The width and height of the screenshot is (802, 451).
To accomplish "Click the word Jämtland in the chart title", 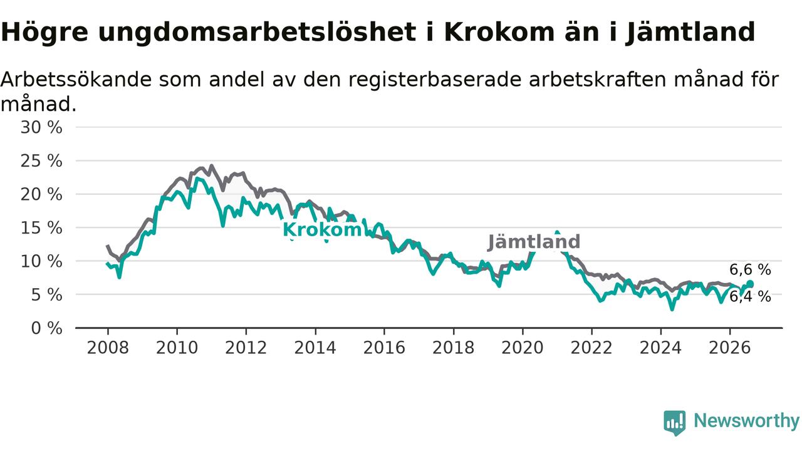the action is pyautogui.click(x=690, y=33).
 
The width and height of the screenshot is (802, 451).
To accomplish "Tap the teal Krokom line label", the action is pyautogui.click(x=322, y=229).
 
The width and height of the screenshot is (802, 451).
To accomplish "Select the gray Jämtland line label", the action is pyautogui.click(x=534, y=242).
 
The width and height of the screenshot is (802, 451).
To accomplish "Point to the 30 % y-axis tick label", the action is pyautogui.click(x=41, y=127).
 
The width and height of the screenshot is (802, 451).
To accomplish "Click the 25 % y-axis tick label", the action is pyautogui.click(x=41, y=161).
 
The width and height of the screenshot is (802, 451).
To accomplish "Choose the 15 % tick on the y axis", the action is pyautogui.click(x=41, y=228).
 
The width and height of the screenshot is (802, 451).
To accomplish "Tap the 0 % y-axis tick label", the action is pyautogui.click(x=46, y=328).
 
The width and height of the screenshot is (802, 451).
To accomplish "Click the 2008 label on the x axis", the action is pyautogui.click(x=108, y=348).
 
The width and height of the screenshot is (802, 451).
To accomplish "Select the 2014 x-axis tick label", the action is pyautogui.click(x=315, y=348).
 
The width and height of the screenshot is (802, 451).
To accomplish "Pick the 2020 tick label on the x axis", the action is pyautogui.click(x=523, y=348).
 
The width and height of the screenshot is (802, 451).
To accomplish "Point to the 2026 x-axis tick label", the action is pyautogui.click(x=730, y=348).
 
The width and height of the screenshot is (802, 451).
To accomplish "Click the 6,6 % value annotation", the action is pyautogui.click(x=750, y=270).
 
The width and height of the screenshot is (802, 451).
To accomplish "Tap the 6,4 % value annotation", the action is pyautogui.click(x=750, y=297).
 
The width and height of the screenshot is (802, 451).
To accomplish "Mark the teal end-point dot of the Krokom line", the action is pyautogui.click(x=751, y=284).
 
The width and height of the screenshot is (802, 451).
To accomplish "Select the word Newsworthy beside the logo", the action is pyautogui.click(x=746, y=421).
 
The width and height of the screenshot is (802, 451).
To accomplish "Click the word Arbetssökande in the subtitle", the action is pyautogui.click(x=76, y=80).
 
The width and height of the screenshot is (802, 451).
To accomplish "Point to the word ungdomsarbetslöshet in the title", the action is pyautogui.click(x=257, y=33).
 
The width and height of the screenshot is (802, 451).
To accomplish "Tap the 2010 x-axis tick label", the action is pyautogui.click(x=177, y=348).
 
